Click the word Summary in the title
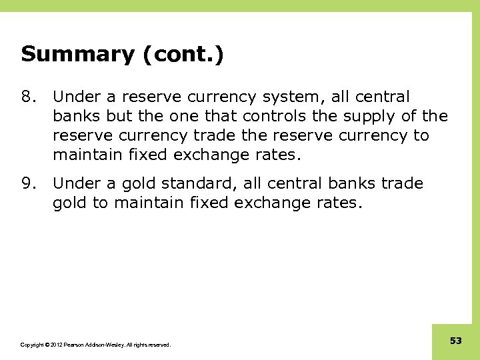(77, 54)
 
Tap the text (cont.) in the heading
(181, 54)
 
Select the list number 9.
(29, 183)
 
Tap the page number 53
(456, 341)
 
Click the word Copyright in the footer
(33, 345)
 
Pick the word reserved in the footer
(159, 345)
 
